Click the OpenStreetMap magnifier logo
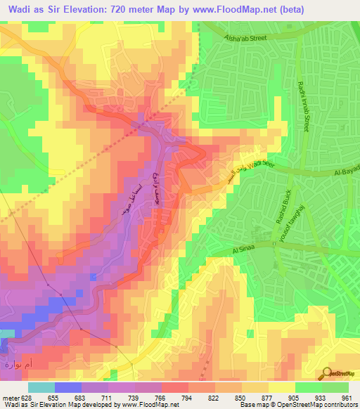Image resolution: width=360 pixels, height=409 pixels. pyautogui.click(x=328, y=373)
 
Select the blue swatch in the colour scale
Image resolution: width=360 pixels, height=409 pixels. pyautogui.click(x=68, y=387)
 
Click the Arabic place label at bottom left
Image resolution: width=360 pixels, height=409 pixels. pyautogui.click(x=19, y=364)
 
